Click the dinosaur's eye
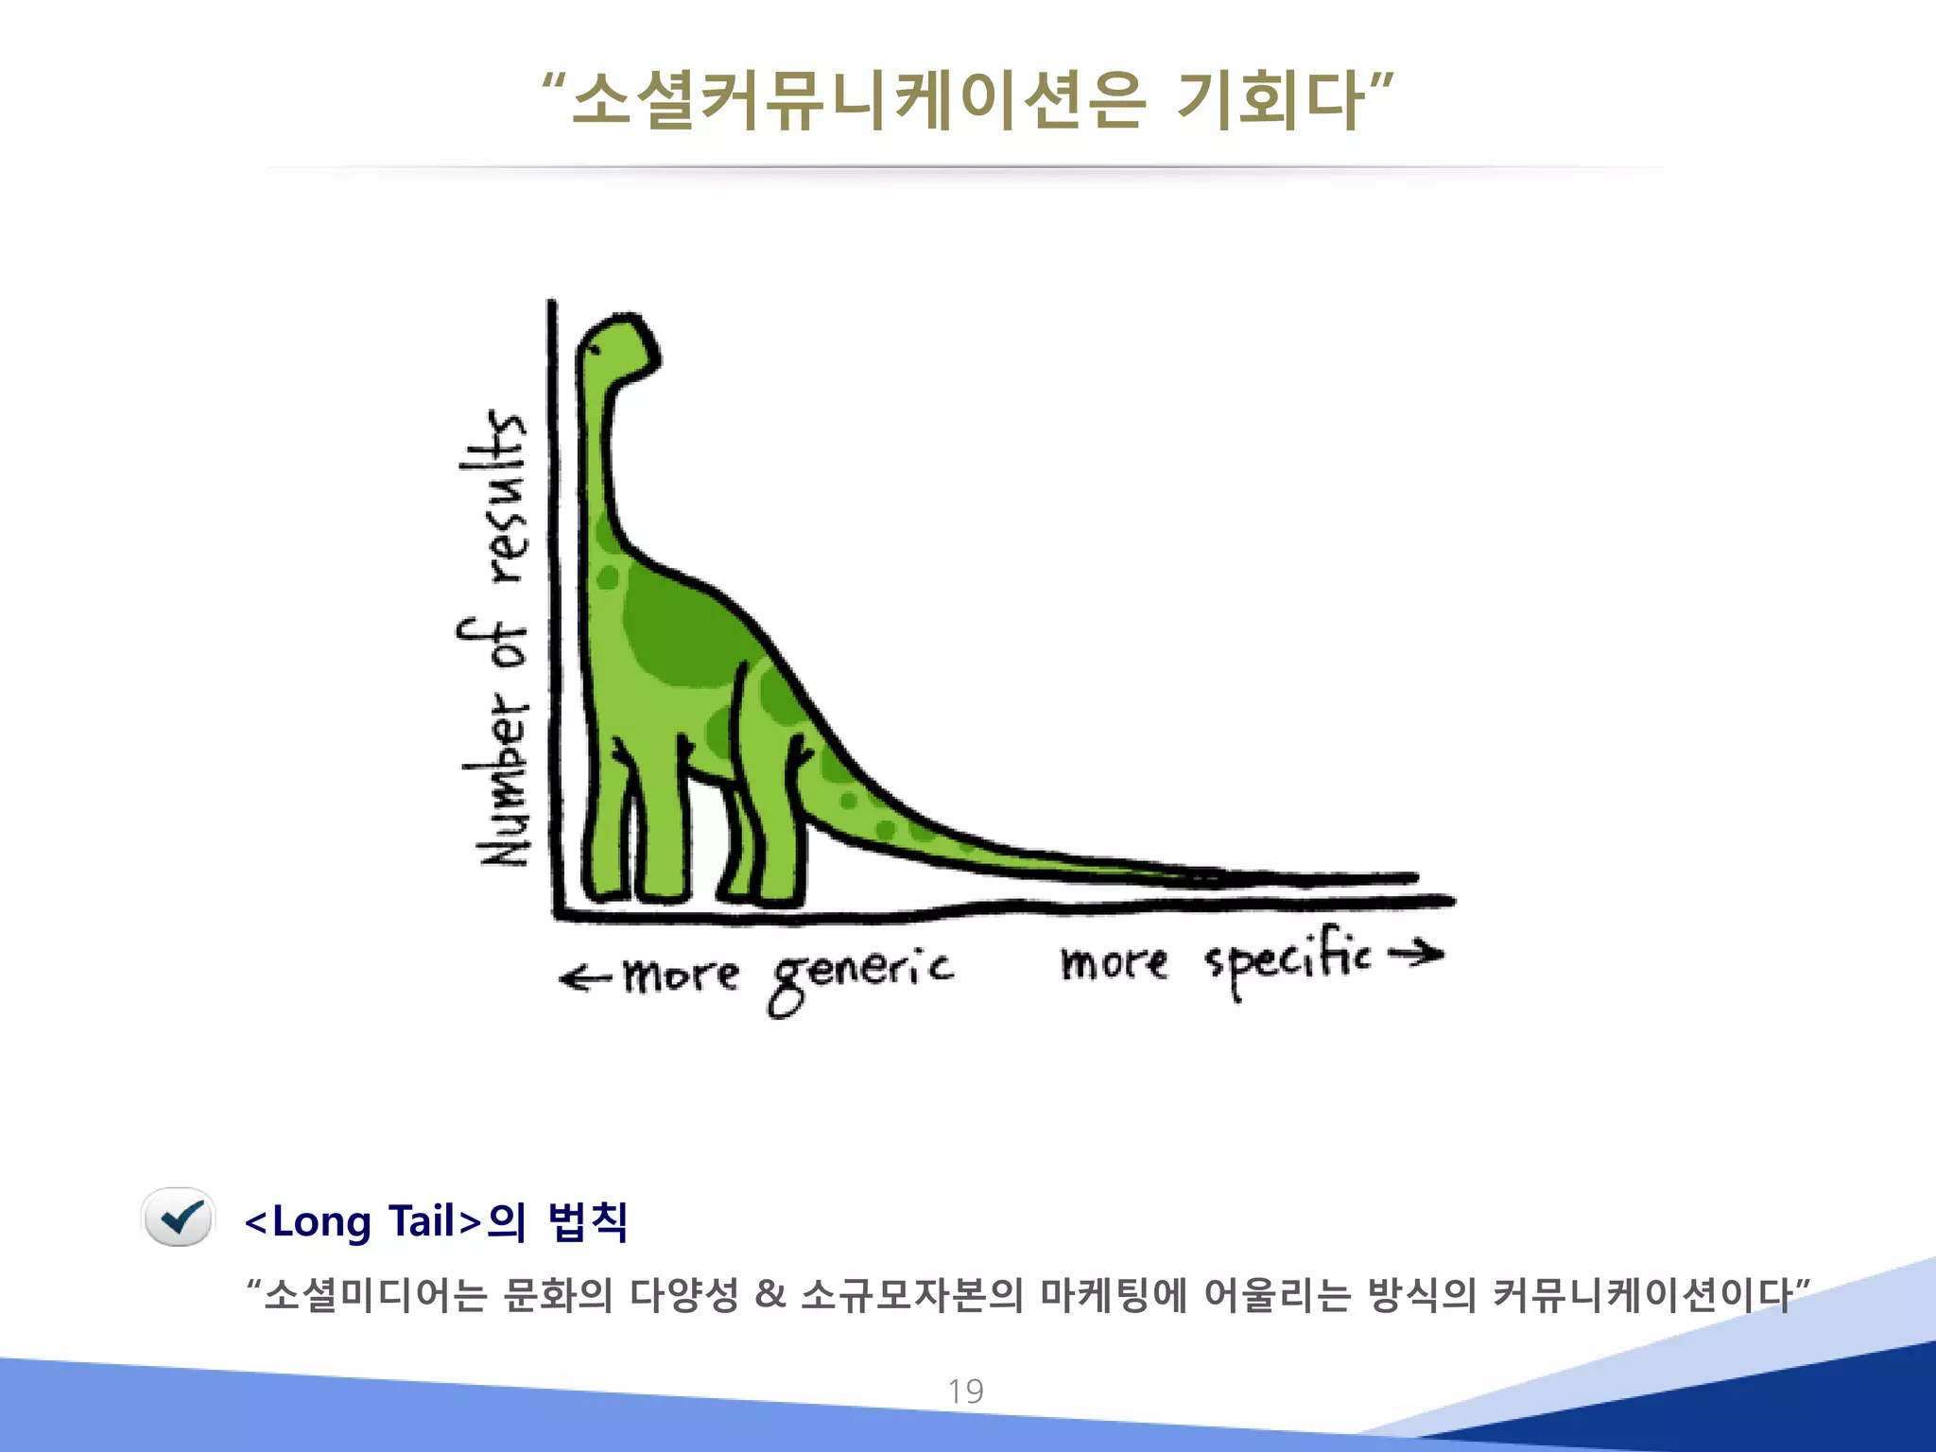[594, 350]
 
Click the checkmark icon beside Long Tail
[179, 1218]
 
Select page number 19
[966, 1391]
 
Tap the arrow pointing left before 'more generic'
[585, 977]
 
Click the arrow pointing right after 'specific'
[1416, 954]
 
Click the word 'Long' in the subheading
[321, 1221]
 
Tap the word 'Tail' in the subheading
[422, 1221]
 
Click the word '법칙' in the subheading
[587, 1221]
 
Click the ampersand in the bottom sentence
[770, 1294]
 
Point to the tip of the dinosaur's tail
[1412, 878]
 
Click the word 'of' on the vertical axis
[493, 646]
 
